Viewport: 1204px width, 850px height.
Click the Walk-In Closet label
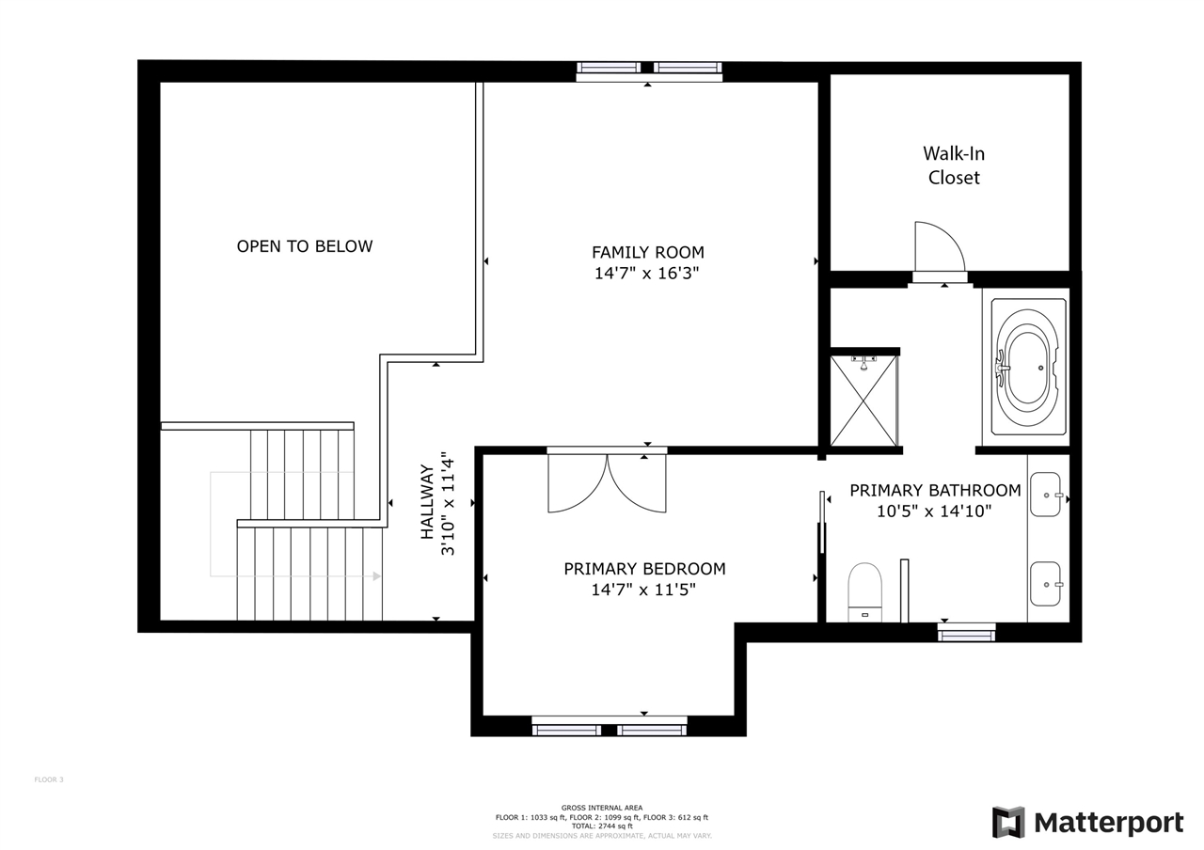953,165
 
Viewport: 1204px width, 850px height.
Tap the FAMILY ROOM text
647,252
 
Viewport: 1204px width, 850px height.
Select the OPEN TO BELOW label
304,246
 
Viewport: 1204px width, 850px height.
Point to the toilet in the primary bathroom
864,590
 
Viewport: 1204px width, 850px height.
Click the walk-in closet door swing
938,246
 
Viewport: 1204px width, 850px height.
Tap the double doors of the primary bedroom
607,482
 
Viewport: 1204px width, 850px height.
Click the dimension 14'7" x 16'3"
646,274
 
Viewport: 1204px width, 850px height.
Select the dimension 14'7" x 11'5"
644,590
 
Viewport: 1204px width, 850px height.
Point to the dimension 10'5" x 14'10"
934,512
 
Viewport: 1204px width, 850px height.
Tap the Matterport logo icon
1008,823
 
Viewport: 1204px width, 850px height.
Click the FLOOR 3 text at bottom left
49,779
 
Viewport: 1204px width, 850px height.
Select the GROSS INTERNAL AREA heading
602,808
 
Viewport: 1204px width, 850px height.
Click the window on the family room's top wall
648,69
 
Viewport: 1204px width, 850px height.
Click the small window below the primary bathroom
966,635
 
